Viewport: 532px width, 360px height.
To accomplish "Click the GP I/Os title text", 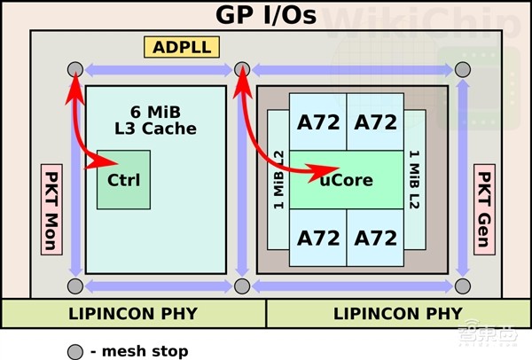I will click(266, 15).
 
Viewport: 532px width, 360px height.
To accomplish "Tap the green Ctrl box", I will click(123, 180).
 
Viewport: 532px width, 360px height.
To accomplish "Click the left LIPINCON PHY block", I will click(132, 313).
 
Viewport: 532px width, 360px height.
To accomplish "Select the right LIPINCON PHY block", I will click(399, 313).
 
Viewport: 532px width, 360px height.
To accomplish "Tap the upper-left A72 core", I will click(317, 122).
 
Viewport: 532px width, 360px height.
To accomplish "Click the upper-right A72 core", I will click(375, 122).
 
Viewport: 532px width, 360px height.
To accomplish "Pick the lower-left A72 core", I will click(317, 238).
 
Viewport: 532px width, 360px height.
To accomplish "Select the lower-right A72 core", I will click(375, 238).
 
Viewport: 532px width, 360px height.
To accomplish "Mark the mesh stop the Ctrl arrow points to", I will click(74, 70).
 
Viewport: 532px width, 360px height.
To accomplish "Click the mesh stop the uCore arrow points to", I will click(242, 70).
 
